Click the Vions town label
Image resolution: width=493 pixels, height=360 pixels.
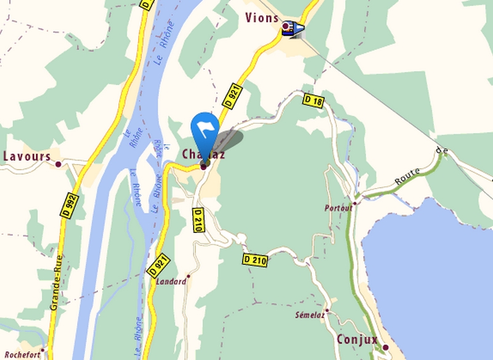pos(261,17)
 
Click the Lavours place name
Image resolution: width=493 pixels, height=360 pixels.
pos(27,157)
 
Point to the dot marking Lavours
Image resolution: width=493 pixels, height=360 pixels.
pos(59,164)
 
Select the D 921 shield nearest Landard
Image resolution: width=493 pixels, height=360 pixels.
pos(158,265)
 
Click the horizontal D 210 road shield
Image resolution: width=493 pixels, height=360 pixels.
pos(255,261)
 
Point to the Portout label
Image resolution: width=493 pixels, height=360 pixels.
pos(338,208)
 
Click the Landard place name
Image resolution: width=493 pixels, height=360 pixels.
pos(171,282)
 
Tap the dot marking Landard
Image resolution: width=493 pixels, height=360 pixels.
pos(189,277)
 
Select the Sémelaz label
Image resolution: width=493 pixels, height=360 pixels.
pos(309,315)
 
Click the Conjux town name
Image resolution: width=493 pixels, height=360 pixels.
pos(357,340)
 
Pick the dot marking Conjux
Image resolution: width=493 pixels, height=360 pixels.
pos(385,348)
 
